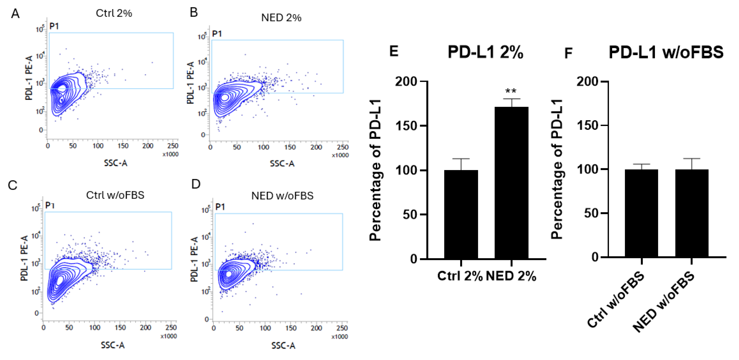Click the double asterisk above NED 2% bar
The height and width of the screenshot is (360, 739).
511,91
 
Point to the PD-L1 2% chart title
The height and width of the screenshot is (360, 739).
485,53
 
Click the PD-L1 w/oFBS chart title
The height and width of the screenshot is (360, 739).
666,53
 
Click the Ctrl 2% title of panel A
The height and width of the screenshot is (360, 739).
114,13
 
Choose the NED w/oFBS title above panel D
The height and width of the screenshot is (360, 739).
282,196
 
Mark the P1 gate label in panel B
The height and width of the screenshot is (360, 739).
217,34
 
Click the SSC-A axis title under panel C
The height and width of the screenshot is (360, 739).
113,345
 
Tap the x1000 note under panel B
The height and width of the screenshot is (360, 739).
340,155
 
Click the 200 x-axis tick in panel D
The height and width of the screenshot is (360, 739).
316,328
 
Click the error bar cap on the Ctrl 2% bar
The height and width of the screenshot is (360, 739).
461,159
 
